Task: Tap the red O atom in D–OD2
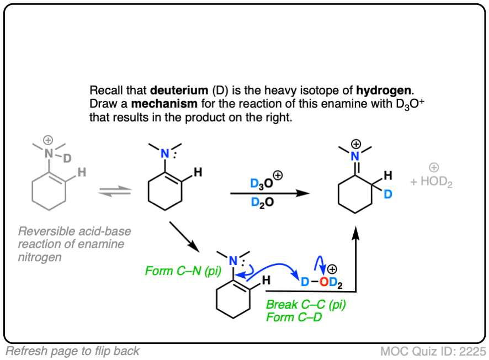click(x=324, y=283)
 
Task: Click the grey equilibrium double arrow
click(x=115, y=192)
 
